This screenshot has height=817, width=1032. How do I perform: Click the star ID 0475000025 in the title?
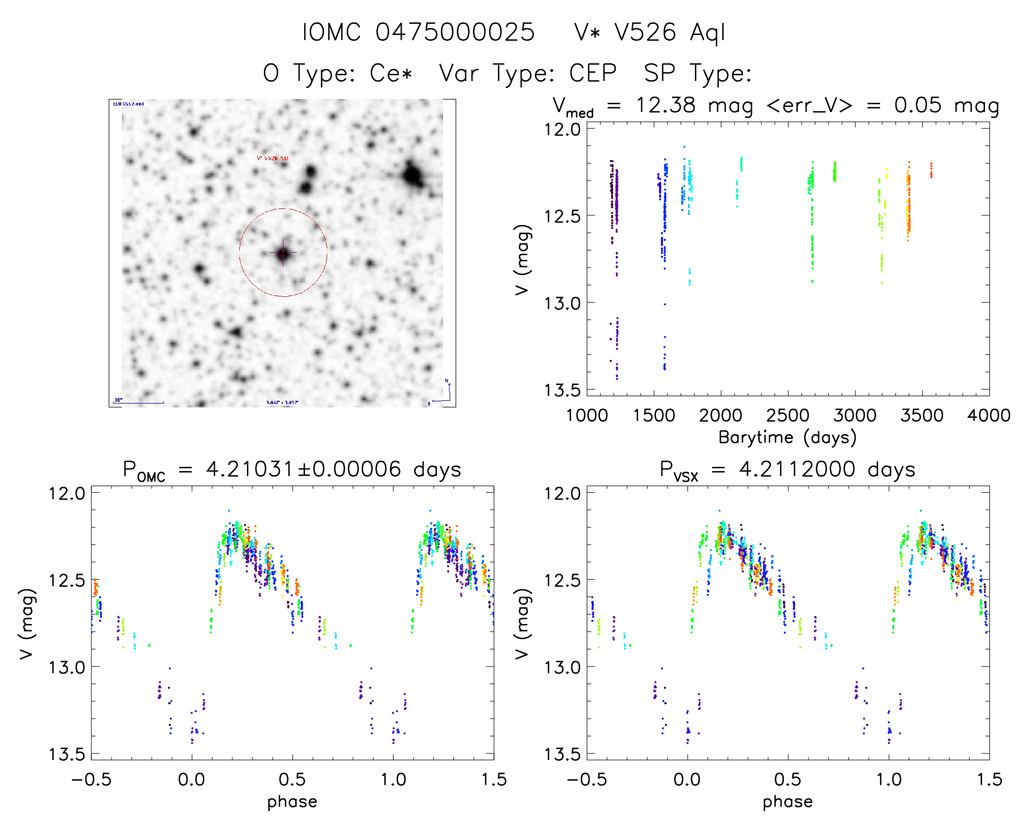coord(455,32)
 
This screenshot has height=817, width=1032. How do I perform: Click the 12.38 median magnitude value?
coord(665,105)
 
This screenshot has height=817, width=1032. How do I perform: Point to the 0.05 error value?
coord(918,105)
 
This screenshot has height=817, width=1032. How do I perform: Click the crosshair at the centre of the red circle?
coord(283,253)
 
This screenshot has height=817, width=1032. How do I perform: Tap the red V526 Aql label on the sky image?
coord(273,158)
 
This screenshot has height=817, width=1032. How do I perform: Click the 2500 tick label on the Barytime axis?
coord(788,416)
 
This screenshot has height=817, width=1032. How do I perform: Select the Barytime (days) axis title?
coord(787,437)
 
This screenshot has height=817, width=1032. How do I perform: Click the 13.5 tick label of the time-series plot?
coord(562,390)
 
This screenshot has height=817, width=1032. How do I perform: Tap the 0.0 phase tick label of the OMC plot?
coord(192,779)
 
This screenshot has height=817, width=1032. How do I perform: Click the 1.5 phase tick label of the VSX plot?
coord(989,779)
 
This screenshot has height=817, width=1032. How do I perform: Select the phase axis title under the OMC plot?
coord(292,802)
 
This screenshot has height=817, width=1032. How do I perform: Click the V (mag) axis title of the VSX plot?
coord(522,623)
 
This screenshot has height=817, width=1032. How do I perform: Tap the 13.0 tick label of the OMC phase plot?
coord(67,667)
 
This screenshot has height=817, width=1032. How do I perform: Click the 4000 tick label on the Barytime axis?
coord(989,416)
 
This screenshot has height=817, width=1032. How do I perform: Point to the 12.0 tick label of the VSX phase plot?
coord(562,493)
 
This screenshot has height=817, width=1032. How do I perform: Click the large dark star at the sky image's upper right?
coord(412,176)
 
